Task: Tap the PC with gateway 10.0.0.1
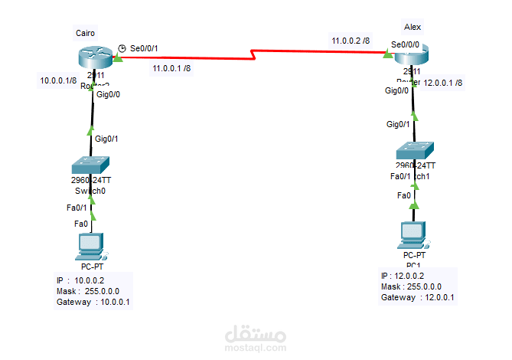click(x=91, y=247)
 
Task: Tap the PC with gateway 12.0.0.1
click(x=414, y=235)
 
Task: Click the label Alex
click(x=413, y=27)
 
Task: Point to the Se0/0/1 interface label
click(x=144, y=48)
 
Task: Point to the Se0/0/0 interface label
click(x=405, y=44)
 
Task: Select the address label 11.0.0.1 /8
click(x=172, y=68)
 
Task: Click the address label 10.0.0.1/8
click(x=58, y=80)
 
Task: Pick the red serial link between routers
click(x=253, y=54)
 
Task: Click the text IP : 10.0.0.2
click(x=80, y=280)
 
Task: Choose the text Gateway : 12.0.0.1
click(x=418, y=297)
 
